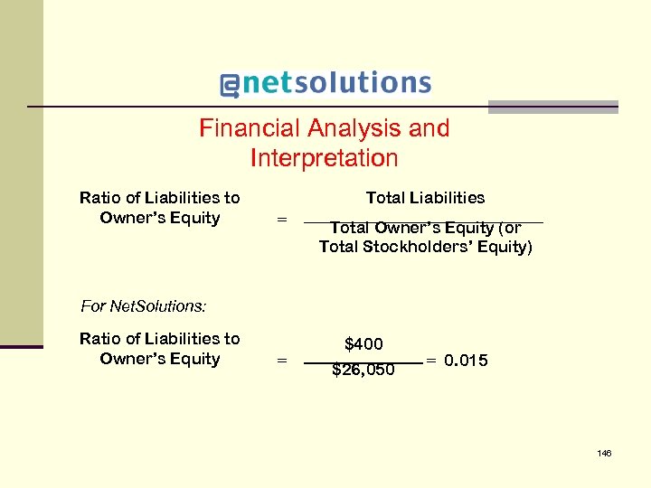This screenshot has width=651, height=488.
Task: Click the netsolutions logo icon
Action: [x=230, y=85]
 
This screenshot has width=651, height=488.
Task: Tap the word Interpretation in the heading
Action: [x=324, y=158]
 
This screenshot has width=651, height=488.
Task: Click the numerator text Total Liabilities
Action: [x=425, y=198]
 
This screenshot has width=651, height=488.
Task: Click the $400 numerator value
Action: [x=363, y=344]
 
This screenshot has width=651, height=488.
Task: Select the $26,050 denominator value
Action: [x=363, y=370]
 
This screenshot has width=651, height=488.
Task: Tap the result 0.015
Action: [x=466, y=361]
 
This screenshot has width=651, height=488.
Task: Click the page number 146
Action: [x=604, y=453]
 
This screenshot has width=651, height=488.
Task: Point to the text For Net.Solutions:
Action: [x=144, y=306]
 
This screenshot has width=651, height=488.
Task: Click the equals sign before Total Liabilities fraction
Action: [x=281, y=219]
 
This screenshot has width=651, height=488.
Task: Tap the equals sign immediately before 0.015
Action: [x=431, y=361]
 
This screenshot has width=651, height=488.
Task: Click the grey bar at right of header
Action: [x=552, y=107]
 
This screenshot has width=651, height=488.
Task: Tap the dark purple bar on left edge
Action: [x=21, y=346]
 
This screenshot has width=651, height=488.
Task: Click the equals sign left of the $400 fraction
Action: [x=281, y=360]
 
